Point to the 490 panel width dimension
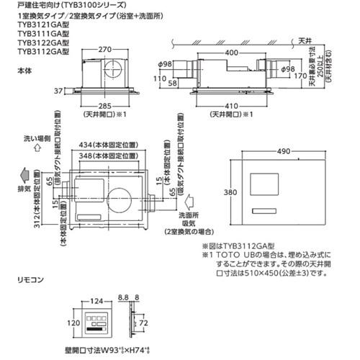coord(284,151)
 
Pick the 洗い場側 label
coord(35,137)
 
